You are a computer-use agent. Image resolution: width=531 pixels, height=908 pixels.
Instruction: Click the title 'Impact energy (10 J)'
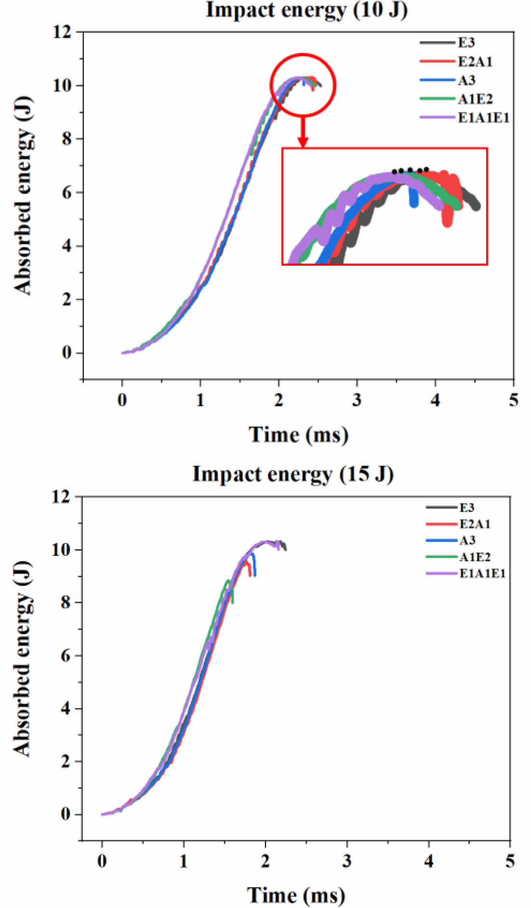tap(306, 10)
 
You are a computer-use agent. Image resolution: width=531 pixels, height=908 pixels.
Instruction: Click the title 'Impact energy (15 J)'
tap(293, 474)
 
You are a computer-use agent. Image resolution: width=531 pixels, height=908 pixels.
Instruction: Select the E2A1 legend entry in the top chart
tap(475, 62)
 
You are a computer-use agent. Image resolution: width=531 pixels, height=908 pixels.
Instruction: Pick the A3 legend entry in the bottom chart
tap(467, 540)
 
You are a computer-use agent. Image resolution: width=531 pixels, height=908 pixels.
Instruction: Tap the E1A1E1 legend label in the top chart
tap(483, 118)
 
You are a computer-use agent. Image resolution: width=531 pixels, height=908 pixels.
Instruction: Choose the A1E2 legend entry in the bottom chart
tap(475, 557)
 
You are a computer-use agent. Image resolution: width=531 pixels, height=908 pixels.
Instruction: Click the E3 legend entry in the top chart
tap(466, 43)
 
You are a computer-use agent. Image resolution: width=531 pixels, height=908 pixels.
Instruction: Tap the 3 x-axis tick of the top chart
tap(357, 400)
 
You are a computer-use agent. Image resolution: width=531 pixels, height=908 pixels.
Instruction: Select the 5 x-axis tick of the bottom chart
tap(510, 861)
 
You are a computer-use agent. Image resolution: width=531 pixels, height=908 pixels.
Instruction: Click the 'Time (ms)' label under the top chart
tap(298, 435)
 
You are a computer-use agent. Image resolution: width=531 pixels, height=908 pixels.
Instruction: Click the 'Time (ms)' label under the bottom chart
tap(296, 896)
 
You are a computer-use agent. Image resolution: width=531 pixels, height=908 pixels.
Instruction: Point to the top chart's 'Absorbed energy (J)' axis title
tap(23, 195)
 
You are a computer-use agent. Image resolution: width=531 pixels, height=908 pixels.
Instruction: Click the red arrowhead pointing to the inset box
tap(303, 142)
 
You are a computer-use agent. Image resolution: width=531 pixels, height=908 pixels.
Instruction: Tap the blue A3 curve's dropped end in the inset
tap(414, 203)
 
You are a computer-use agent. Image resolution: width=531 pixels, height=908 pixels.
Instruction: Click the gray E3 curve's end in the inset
tap(476, 206)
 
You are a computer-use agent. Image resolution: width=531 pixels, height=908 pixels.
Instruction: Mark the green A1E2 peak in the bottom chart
tap(228, 581)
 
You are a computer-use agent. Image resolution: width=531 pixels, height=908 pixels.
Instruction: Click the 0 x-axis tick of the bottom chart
tap(102, 861)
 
